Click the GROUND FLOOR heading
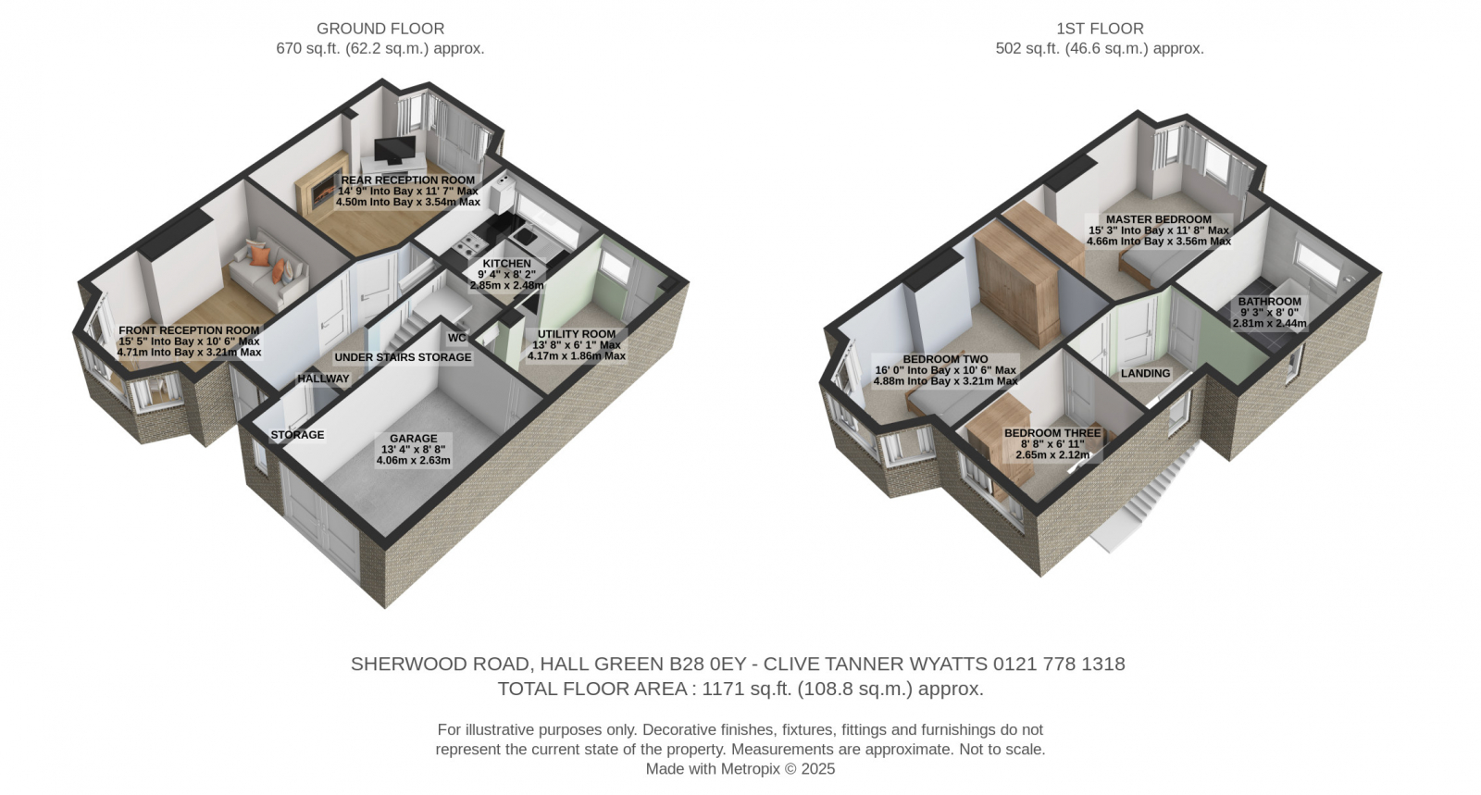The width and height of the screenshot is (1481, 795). pos(380,29)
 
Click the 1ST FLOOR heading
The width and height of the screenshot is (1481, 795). pos(1100,29)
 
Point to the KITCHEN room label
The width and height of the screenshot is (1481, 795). pos(506,264)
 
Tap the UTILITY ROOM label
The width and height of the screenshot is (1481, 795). pos(577,334)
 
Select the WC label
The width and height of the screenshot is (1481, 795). pos(457,338)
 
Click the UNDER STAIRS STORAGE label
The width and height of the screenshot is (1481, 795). pos(403,357)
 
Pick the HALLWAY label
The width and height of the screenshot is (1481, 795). pos(323,379)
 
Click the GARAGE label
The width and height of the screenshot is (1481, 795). pos(413,438)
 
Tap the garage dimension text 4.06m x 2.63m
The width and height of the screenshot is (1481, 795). pos(413,460)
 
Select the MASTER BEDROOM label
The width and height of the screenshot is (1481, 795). pos(1159,219)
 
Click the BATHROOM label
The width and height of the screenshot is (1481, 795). pos(1269,302)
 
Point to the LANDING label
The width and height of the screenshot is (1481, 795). pos(1146,373)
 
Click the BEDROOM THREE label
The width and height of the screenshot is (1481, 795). pos(1052,433)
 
